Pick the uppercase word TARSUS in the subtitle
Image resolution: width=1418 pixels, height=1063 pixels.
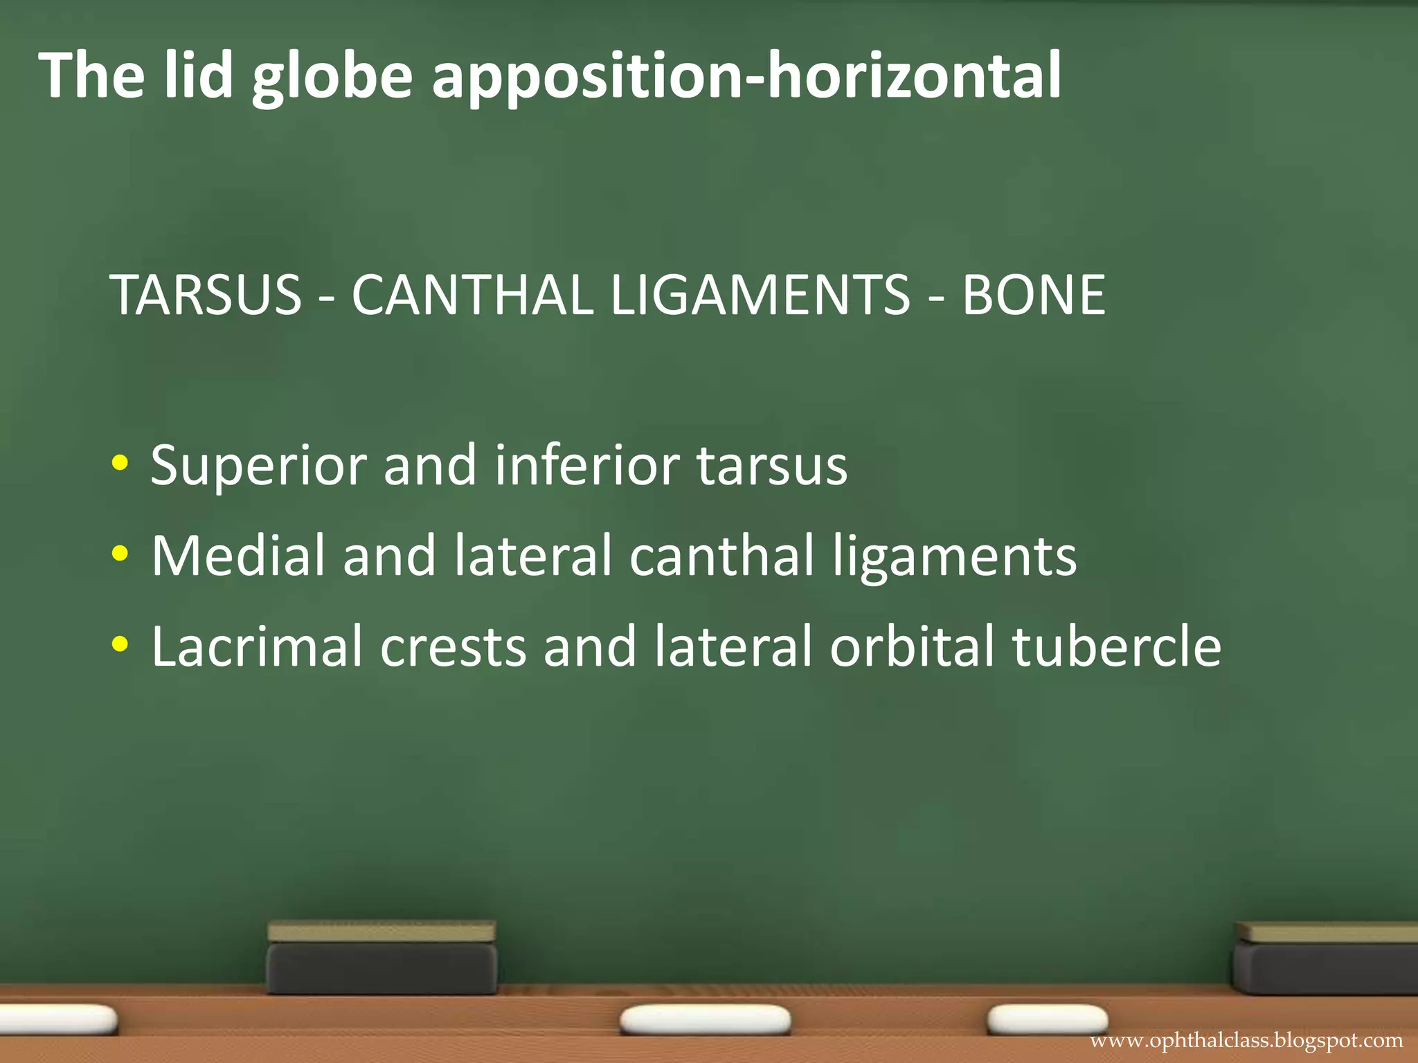206,295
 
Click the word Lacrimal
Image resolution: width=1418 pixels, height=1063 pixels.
256,646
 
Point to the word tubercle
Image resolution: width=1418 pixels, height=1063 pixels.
1116,646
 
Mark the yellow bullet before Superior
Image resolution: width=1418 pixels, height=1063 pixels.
119,464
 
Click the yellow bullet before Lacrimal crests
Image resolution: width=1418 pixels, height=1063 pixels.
119,645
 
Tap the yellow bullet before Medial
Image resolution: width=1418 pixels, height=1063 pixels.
119,554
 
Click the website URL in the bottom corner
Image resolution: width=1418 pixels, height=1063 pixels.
1246,1041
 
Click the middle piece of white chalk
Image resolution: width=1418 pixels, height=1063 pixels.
705,1020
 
